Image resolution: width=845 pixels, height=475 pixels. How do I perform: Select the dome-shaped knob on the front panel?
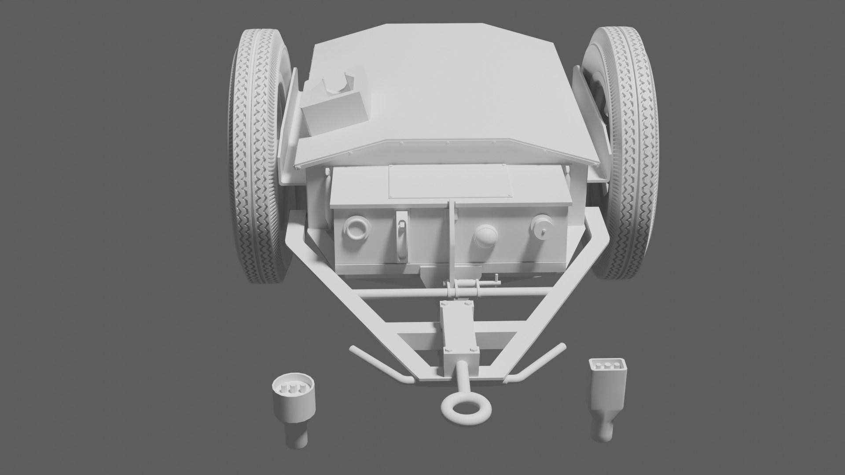coord(486,237)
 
